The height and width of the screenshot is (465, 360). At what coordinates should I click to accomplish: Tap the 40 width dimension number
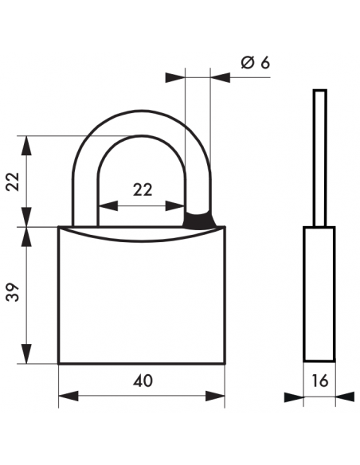pyautogui.click(x=143, y=381)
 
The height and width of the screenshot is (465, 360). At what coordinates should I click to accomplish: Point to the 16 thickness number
pyautogui.click(x=320, y=381)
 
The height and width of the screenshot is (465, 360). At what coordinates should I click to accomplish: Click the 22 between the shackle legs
pyautogui.click(x=142, y=190)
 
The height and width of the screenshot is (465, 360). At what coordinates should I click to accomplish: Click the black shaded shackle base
pyautogui.click(x=199, y=219)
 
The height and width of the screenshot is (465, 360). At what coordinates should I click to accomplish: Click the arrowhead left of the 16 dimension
pyautogui.click(x=295, y=397)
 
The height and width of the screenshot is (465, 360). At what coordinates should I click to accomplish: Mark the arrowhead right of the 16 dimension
pyautogui.click(x=344, y=397)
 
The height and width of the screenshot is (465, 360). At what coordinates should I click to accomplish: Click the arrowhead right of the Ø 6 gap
pyautogui.click(x=221, y=77)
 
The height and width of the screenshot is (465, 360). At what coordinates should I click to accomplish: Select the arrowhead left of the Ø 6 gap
pyautogui.click(x=174, y=77)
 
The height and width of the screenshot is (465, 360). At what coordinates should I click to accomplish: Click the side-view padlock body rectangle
pyautogui.click(x=319, y=295)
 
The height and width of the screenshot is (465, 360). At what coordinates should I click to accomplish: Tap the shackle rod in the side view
pyautogui.click(x=319, y=159)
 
